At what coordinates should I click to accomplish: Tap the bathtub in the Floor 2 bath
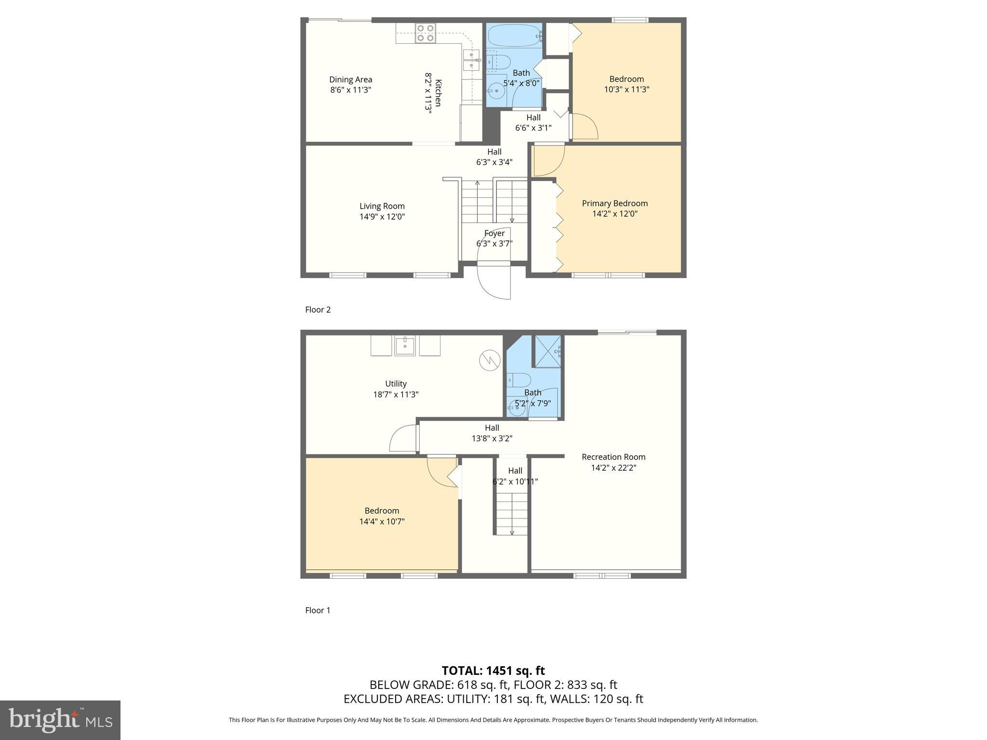tap(514, 35)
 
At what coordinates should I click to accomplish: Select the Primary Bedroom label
tap(614, 203)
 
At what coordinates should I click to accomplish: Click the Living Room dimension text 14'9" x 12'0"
tap(382, 217)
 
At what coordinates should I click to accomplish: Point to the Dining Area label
tap(350, 79)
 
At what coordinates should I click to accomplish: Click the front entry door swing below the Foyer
tap(493, 282)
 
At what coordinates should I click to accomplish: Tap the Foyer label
tap(494, 233)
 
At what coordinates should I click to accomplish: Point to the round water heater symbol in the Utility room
tap(489, 360)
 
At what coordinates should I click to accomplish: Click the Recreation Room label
tap(614, 457)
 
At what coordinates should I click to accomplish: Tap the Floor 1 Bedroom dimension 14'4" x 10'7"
tap(382, 521)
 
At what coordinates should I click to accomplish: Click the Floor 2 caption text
tap(318, 310)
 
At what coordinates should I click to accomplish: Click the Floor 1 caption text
tap(318, 610)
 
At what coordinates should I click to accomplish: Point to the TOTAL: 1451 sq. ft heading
tap(493, 671)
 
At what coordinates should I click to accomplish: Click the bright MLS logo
tap(60, 720)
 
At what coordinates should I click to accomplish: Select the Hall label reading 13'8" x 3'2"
tap(492, 433)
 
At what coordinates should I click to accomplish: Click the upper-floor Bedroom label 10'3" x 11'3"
tap(627, 84)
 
